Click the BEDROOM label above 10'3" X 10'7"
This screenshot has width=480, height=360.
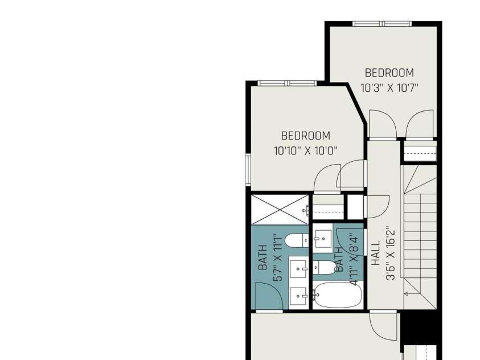point(389,73)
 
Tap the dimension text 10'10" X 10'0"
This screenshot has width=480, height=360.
point(305,150)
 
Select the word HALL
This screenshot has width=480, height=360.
point(376,253)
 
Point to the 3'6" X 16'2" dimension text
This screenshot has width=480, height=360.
point(391,253)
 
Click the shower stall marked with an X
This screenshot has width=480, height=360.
point(280,210)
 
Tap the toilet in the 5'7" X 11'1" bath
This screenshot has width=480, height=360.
point(297,240)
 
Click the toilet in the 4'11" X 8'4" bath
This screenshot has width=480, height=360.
point(325,267)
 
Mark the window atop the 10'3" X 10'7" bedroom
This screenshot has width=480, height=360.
point(382,23)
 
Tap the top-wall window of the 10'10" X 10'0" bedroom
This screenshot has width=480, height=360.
point(287,83)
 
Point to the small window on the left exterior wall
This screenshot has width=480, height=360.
point(248,170)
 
